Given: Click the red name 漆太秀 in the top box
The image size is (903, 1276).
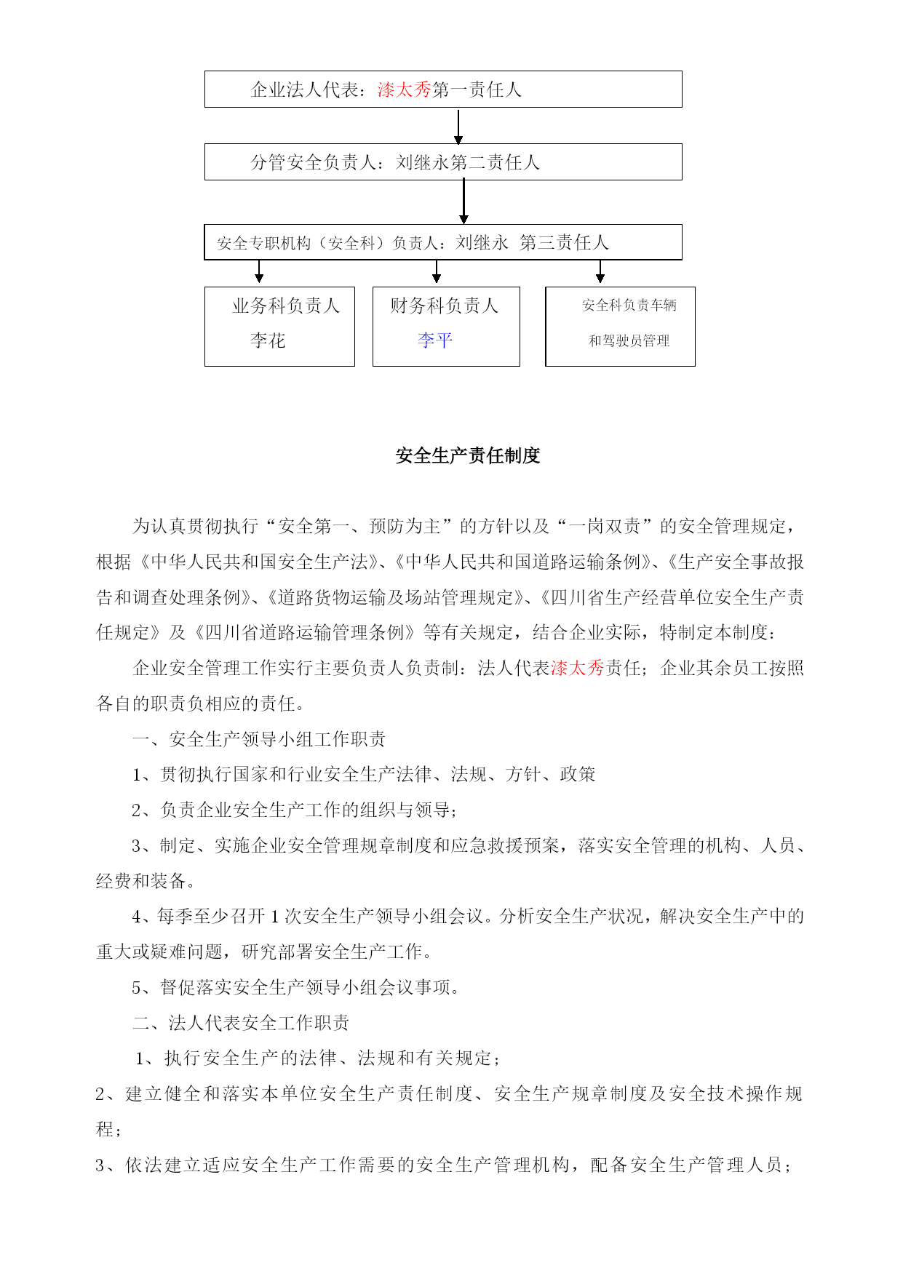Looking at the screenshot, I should coord(405,89).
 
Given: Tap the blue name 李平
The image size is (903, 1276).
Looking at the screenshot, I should coord(435,340).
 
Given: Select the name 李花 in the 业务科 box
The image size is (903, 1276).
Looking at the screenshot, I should coord(268,340).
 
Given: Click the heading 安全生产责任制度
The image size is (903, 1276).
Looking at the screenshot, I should coord(468,455).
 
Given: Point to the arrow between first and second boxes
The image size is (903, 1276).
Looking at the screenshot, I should coord(458,127).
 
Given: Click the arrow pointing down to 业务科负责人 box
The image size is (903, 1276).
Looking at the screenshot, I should coord(259,273).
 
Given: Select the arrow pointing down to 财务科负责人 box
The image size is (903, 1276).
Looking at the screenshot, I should coord(437,273).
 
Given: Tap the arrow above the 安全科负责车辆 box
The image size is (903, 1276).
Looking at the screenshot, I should coord(600,273).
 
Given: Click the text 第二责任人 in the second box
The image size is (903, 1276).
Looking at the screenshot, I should coord(495,162).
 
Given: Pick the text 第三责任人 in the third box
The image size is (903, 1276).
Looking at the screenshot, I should coord(564,242).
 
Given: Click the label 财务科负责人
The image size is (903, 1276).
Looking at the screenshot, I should coord(444,306).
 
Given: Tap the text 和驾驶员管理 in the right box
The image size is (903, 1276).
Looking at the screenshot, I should coord(629,340).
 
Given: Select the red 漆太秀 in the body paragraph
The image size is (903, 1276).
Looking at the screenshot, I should coord(578,668).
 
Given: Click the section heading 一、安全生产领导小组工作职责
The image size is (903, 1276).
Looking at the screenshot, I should coord(259,739).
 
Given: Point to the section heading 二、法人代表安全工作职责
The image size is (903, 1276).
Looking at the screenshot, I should coord(241,1023).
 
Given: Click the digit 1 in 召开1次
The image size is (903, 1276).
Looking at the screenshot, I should coord(275,917).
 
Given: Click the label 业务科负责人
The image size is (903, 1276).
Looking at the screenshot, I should coord(286,306).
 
